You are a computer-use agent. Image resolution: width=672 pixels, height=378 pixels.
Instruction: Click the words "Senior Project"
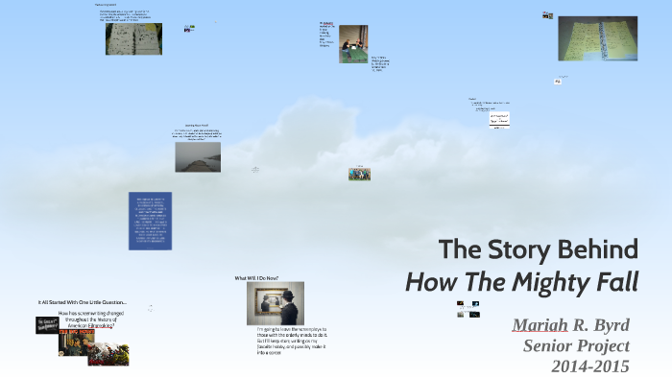(576, 345)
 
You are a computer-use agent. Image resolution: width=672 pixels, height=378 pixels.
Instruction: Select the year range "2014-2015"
(589, 366)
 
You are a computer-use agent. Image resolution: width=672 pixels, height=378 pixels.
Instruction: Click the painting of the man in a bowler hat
(275, 303)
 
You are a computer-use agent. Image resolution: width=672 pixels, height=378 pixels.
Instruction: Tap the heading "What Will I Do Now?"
(261, 278)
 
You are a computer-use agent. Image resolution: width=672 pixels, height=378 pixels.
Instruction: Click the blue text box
(150, 221)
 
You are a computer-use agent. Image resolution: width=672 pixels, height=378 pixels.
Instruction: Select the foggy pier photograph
(197, 157)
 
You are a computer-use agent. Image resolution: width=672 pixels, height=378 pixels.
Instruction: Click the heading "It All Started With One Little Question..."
(83, 303)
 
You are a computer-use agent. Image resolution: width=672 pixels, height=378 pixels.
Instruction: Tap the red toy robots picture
(108, 354)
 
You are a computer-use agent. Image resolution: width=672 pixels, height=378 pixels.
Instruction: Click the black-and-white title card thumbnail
(48, 325)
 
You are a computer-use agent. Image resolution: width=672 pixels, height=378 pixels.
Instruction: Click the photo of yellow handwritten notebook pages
(597, 38)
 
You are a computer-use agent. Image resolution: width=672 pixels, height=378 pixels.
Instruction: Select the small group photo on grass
(359, 175)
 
